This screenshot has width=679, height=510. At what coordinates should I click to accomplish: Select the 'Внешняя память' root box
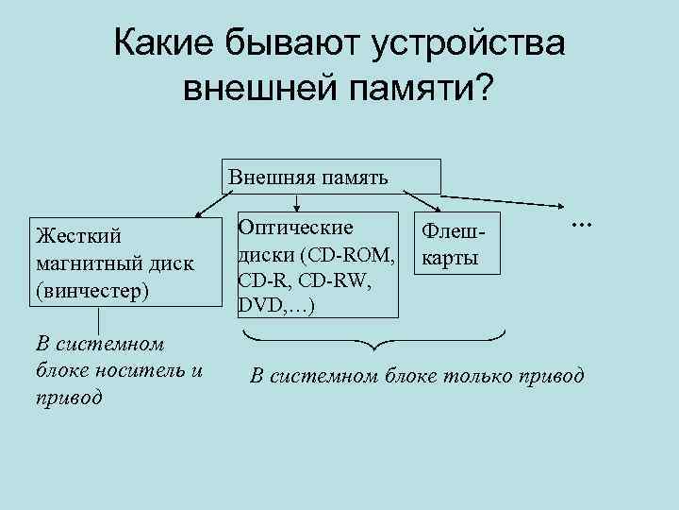(x=332, y=176)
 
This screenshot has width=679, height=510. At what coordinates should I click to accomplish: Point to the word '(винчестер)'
(x=91, y=289)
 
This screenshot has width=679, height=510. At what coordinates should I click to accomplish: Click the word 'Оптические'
(x=295, y=228)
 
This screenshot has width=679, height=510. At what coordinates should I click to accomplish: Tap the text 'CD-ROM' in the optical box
(x=361, y=255)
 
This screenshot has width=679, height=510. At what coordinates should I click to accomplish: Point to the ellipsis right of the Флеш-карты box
(x=578, y=224)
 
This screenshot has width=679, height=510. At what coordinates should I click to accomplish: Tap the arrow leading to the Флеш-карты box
(x=430, y=202)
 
